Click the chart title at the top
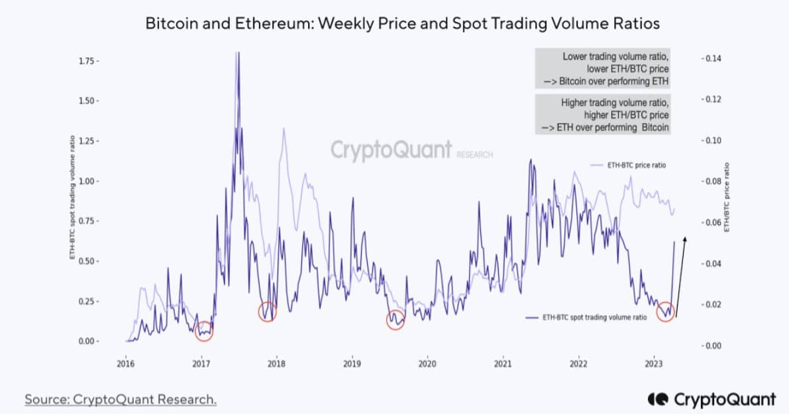tap(403, 24)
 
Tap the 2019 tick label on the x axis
tap(352, 364)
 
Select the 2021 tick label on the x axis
tap(503, 364)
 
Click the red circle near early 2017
tap(204, 331)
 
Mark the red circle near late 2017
tap(267, 311)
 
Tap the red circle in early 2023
tap(666, 311)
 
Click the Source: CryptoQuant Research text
tap(121, 399)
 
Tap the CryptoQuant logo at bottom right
tap(711, 399)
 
